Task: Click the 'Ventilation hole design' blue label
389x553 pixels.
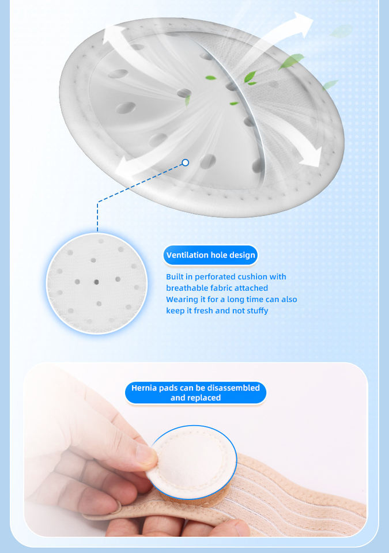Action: coord(210,255)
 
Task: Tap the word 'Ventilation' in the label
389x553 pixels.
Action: coord(187,255)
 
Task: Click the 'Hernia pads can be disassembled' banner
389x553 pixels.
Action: coord(195,392)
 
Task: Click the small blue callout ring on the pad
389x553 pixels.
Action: coord(186,162)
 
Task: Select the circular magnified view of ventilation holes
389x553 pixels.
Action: coord(97,283)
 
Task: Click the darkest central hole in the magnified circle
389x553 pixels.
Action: coord(96,282)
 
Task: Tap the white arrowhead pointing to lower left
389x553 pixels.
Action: coord(123,168)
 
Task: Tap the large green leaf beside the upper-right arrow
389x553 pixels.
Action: coord(291,60)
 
